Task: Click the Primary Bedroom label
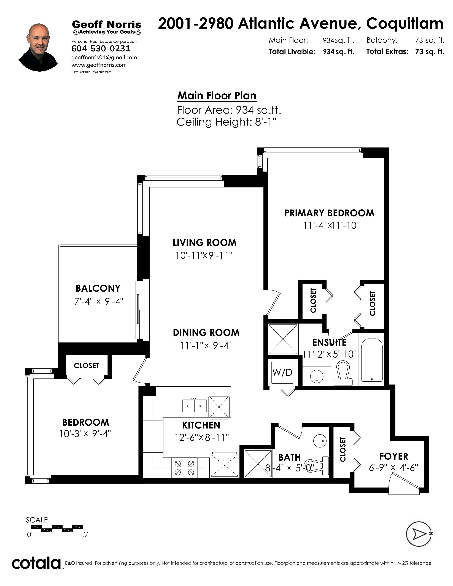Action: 329,213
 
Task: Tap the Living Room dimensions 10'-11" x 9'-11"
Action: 204,255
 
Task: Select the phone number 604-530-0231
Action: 101,48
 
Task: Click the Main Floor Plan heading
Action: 217,96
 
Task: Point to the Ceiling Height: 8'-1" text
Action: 226,122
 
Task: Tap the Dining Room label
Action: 206,333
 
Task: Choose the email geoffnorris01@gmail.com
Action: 104,58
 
